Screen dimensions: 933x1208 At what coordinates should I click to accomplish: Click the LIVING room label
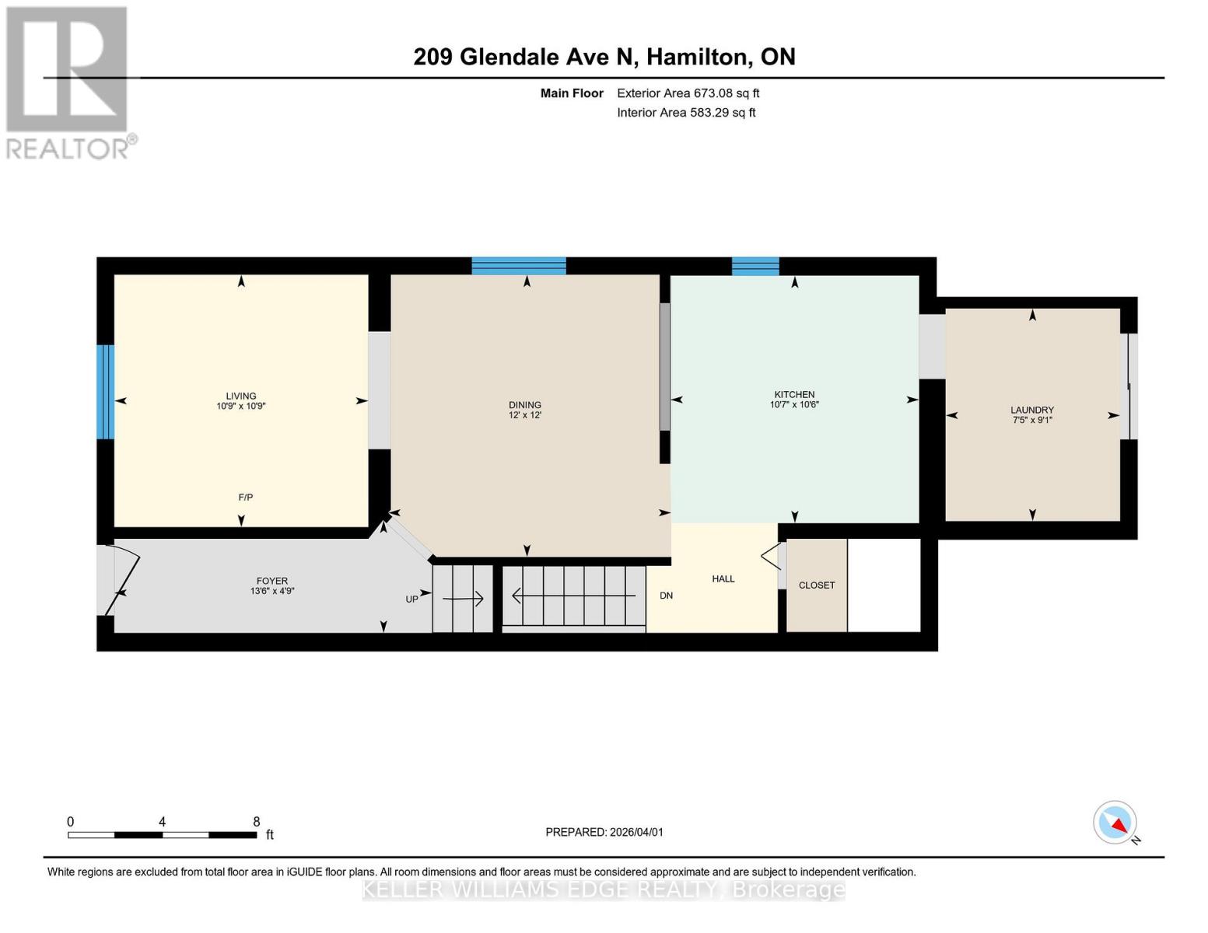(240, 396)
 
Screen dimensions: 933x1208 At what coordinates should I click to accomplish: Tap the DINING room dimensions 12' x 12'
(525, 415)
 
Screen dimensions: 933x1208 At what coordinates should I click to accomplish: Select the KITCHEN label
(794, 394)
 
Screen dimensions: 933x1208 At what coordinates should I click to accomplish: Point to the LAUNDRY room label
(1032, 410)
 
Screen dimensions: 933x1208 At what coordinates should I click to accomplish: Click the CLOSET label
(817, 585)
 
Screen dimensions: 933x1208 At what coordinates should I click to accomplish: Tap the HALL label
(723, 579)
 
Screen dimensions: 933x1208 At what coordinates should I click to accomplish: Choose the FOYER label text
(272, 581)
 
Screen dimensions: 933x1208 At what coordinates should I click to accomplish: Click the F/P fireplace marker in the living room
(245, 498)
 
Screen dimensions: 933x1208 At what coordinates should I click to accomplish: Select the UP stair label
(411, 599)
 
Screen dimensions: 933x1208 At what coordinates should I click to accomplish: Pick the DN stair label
(666, 596)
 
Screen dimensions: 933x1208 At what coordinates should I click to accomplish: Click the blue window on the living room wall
(106, 392)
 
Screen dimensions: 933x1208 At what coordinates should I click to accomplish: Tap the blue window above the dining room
(519, 266)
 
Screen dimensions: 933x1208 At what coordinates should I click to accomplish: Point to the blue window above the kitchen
(755, 266)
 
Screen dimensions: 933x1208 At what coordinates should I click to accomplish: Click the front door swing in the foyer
(122, 579)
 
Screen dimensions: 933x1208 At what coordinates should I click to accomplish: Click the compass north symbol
(1115, 823)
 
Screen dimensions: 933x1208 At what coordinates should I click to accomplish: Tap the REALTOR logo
(68, 82)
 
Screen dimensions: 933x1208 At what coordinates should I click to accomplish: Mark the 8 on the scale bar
(257, 822)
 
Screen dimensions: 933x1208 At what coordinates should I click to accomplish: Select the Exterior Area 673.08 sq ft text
(688, 93)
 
